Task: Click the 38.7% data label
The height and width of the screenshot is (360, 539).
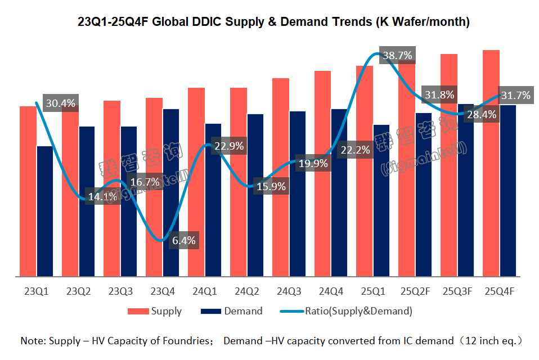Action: click(x=397, y=56)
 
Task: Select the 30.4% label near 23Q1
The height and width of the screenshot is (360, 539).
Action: click(x=60, y=103)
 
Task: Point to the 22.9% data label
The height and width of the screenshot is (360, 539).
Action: click(x=228, y=146)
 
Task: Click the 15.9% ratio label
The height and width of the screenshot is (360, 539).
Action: click(x=271, y=186)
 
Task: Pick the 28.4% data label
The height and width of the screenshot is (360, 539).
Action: click(x=482, y=115)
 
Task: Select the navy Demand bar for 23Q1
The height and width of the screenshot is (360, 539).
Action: click(x=44, y=211)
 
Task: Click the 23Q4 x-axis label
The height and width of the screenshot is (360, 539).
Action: click(x=162, y=291)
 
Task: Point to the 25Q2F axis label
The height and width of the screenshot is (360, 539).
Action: click(x=415, y=291)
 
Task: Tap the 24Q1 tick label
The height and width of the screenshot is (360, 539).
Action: click(x=204, y=291)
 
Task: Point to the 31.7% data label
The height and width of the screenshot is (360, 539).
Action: click(x=515, y=96)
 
